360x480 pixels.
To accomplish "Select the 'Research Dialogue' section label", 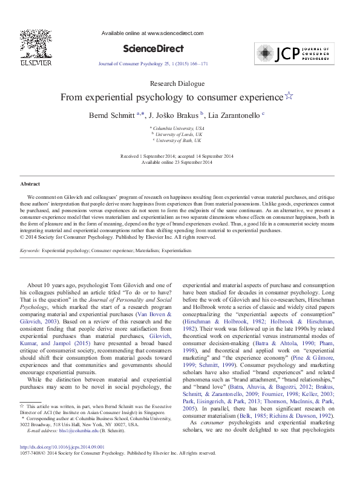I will click(x=180, y=83).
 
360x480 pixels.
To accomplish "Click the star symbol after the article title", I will click(x=289, y=96).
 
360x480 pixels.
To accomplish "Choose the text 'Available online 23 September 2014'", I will click(x=180, y=162).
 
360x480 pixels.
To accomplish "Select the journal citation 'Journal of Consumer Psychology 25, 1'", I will click(x=143, y=63).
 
